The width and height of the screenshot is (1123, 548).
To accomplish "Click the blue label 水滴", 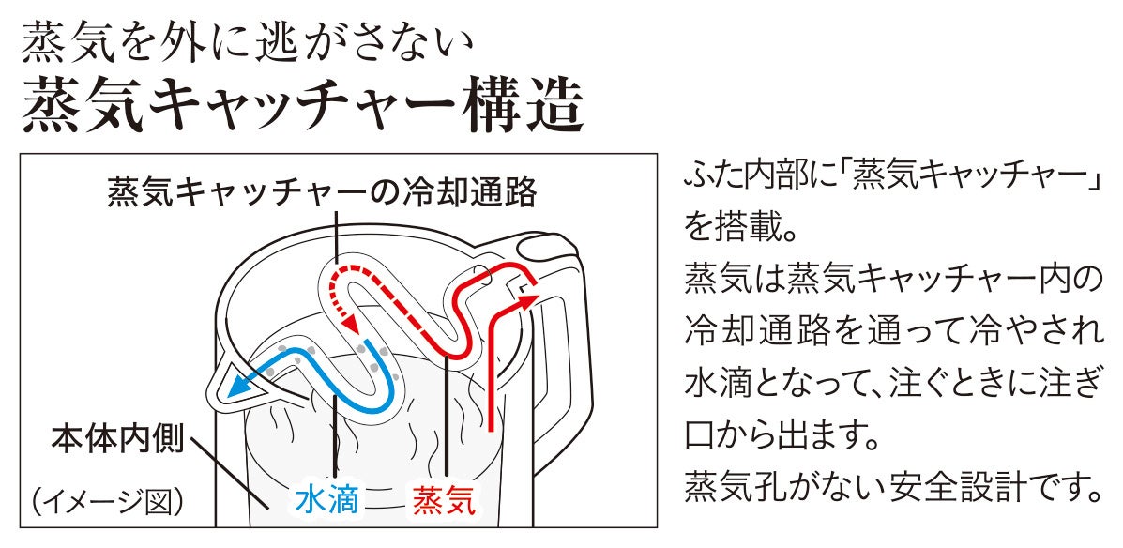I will click(326, 501).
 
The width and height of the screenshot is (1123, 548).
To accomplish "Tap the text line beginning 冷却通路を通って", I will click(891, 331).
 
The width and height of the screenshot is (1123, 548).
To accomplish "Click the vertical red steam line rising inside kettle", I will click(492, 375).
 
